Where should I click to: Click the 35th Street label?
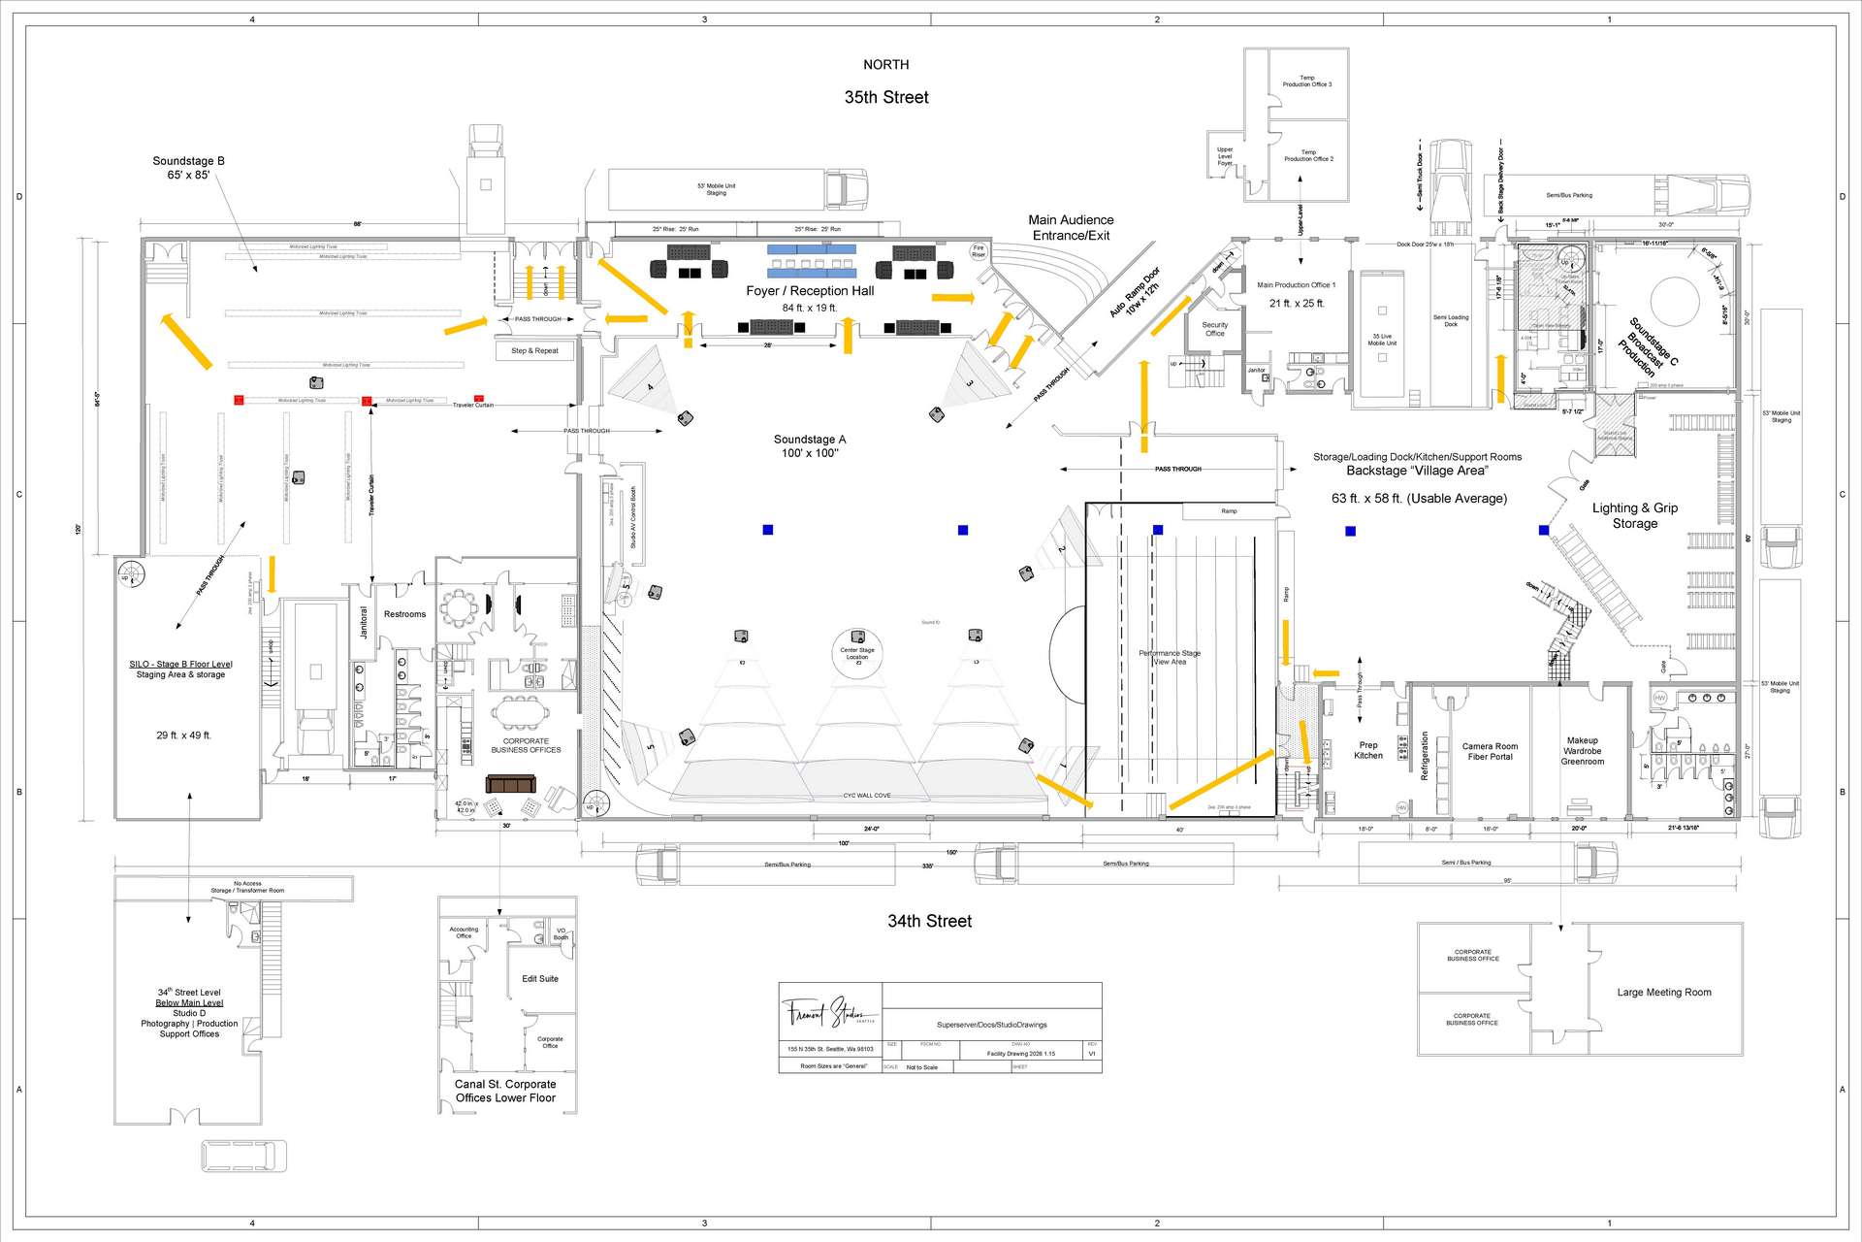[x=886, y=97]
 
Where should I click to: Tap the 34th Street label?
[x=929, y=921]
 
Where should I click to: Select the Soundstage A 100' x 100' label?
[x=810, y=446]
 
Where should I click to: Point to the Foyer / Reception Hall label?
[x=810, y=291]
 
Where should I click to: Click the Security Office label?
[x=1214, y=329]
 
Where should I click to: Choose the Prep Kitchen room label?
[x=1368, y=750]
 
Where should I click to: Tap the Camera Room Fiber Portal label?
[x=1490, y=751]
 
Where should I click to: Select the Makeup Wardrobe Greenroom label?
[x=1582, y=751]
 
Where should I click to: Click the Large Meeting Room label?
[x=1663, y=993]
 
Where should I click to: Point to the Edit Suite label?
[x=540, y=979]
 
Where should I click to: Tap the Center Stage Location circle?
[x=857, y=654]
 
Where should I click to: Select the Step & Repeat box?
[x=534, y=350]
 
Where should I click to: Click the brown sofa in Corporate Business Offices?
[x=510, y=784]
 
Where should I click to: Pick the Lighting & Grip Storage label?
[x=1634, y=515]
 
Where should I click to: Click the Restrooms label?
[x=404, y=614]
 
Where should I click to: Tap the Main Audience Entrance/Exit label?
[x=1071, y=228]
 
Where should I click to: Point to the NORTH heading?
[x=886, y=65]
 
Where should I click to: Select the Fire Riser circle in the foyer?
[x=979, y=251]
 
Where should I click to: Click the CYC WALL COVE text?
[x=866, y=796]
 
